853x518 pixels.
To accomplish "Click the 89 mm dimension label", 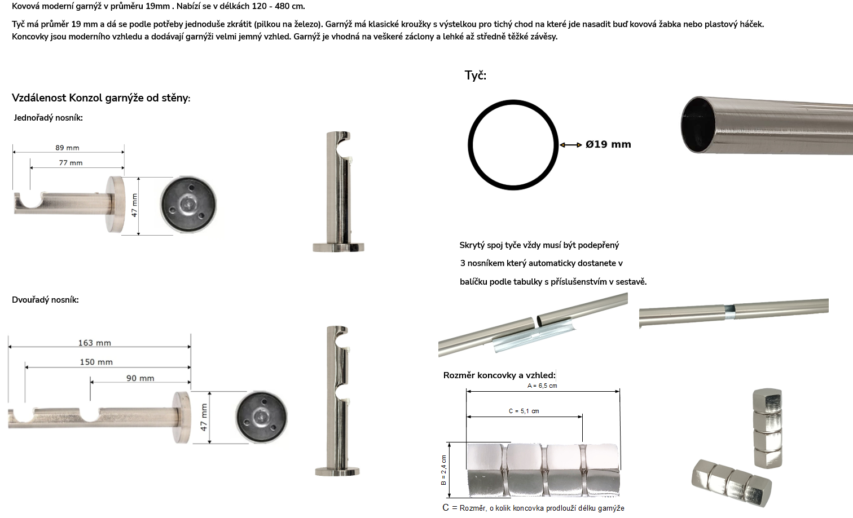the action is (x=67, y=148).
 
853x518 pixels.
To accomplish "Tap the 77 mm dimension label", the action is (x=71, y=163).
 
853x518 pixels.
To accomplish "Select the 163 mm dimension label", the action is (x=95, y=343).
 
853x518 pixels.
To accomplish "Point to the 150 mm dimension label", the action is (x=96, y=362).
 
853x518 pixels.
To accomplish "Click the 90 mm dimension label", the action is (x=140, y=378).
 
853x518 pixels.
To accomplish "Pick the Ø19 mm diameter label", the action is (x=608, y=144).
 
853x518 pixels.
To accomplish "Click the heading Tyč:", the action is (x=475, y=76).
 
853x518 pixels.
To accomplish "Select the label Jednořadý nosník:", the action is (x=48, y=118).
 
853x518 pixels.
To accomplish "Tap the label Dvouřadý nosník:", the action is (x=45, y=300).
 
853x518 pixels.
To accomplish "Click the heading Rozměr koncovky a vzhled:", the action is (x=499, y=375).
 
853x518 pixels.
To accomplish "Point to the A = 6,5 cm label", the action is (x=542, y=386).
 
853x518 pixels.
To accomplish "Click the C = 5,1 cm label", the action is (x=524, y=411).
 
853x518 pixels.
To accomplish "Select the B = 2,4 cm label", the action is (x=443, y=470).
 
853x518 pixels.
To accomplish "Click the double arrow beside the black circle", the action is (x=570, y=145).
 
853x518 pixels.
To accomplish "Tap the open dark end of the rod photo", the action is (x=698, y=125).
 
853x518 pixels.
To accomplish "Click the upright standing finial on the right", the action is (x=768, y=428).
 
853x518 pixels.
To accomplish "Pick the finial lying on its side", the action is (x=732, y=482).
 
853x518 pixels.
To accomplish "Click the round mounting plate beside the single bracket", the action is (x=188, y=205).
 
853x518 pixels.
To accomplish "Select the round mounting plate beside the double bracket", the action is (x=261, y=417).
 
